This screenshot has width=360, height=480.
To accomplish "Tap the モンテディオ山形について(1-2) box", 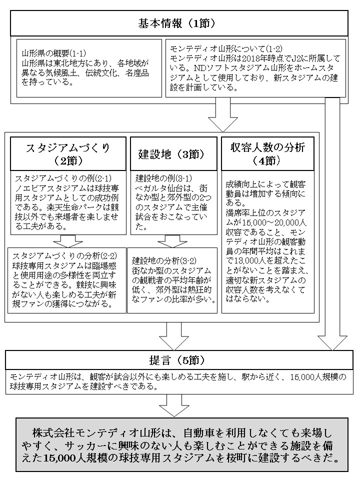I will pos(255,68).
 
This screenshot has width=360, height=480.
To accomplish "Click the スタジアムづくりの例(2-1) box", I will pos(67,202).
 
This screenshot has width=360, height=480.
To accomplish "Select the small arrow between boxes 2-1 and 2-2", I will pos(67,240).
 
